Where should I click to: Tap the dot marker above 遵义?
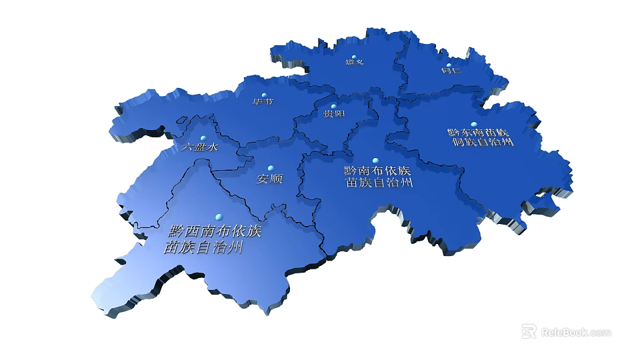coord(355,57)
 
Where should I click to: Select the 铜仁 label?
coord(451,71)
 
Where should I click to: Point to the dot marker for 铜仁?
coord(449,65)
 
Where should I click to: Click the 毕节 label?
coord(263,102)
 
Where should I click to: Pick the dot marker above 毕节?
coord(264,95)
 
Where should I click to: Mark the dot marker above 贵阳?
coord(334,106)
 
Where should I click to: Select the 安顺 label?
coord(270,179)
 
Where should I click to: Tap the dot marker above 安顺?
coord(270,168)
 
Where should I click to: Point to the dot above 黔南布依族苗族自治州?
coord(375,161)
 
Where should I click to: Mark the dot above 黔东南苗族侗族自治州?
coord(474,125)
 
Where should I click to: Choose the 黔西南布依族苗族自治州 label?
coord(211,240)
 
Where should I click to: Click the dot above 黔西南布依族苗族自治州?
coord(218,217)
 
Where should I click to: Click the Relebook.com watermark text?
coord(575,332)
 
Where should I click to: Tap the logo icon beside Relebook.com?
coord(529,331)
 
